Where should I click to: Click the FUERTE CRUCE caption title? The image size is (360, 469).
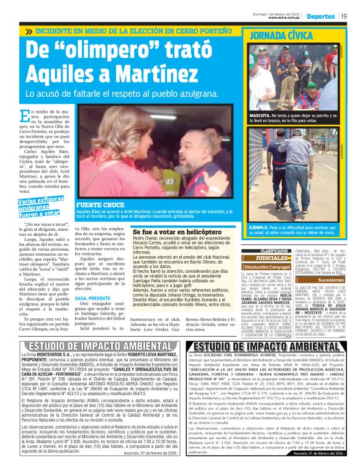pyautogui.click(x=94, y=204)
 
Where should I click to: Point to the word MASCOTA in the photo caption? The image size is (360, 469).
pyautogui.click(x=259, y=115)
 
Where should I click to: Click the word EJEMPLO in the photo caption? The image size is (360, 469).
pyautogui.click(x=259, y=228)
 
